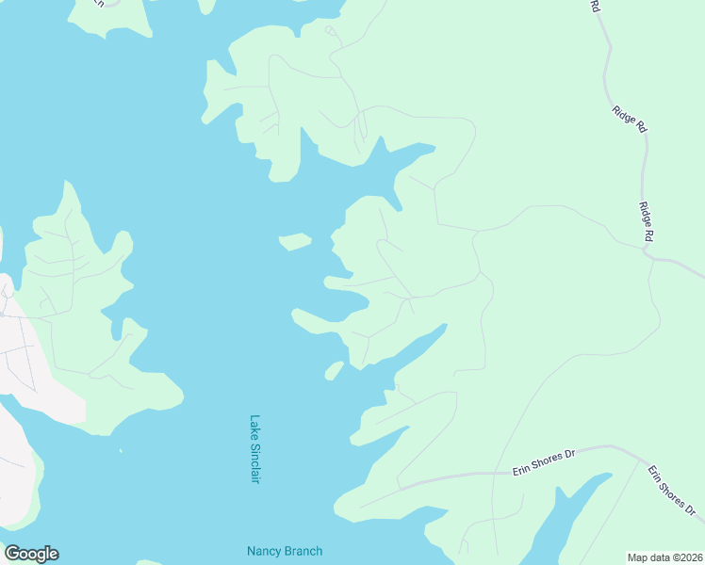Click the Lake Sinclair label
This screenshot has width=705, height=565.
tap(254, 450)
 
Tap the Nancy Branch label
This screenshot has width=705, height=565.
tap(285, 552)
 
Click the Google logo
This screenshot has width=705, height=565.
tap(31, 554)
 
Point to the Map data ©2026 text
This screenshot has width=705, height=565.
tap(664, 557)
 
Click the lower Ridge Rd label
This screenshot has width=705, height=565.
tap(646, 223)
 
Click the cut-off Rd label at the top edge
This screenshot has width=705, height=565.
tap(595, 7)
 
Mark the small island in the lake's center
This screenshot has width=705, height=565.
tap(296, 241)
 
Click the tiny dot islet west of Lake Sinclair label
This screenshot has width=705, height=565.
tap(121, 450)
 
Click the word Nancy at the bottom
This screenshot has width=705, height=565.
tap(263, 552)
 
